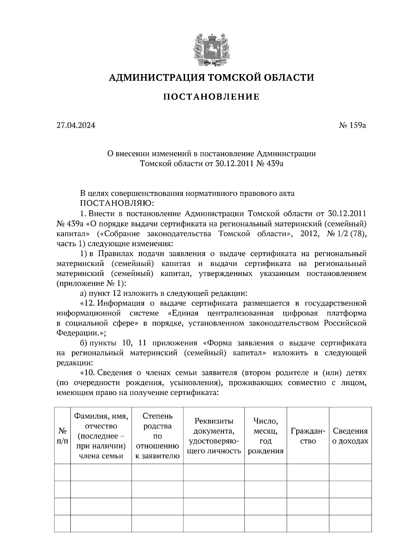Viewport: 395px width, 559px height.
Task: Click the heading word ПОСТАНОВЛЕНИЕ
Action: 212,97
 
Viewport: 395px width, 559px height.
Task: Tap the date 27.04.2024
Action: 76,125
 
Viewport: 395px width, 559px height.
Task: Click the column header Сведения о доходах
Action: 350,436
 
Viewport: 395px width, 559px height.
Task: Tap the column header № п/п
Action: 63,436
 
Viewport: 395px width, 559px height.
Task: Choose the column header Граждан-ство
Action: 308,436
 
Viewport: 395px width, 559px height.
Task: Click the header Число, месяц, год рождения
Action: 265,436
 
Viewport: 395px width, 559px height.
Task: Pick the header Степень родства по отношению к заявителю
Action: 157,436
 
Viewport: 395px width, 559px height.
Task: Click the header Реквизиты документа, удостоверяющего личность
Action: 214,436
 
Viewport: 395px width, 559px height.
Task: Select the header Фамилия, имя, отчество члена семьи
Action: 101,436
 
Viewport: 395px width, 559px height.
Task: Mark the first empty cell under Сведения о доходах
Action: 350,473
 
